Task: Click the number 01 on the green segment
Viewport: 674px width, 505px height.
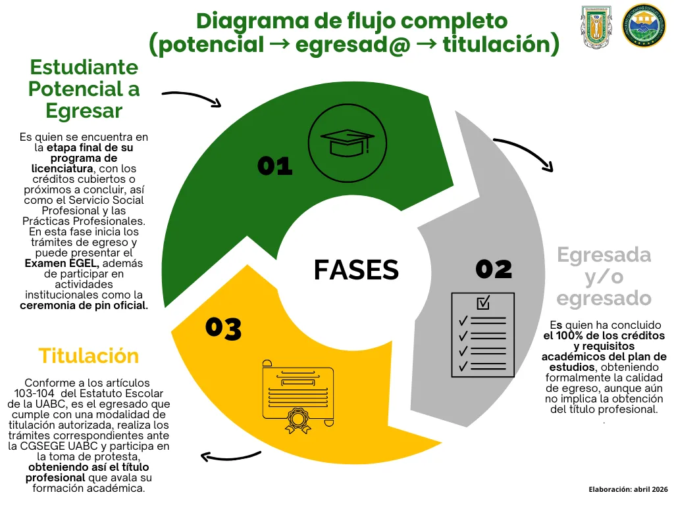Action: click(274, 166)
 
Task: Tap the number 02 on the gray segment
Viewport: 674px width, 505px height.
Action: click(494, 269)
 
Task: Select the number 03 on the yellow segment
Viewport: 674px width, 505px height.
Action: click(223, 328)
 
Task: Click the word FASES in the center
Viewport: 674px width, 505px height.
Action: click(356, 270)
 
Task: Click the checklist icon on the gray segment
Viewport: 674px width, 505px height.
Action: click(482, 335)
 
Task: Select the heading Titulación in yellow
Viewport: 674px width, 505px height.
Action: click(89, 356)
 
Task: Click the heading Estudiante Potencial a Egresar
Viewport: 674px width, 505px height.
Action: click(84, 89)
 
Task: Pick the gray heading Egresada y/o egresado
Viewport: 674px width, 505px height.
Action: click(604, 276)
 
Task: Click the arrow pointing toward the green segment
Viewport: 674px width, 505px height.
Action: click(192, 98)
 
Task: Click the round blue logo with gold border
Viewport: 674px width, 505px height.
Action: click(644, 26)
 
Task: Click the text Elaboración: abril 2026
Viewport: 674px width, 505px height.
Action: click(628, 490)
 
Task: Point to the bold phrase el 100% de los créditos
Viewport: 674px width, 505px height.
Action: click(604, 335)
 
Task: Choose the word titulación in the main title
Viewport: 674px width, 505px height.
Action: click(494, 45)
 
